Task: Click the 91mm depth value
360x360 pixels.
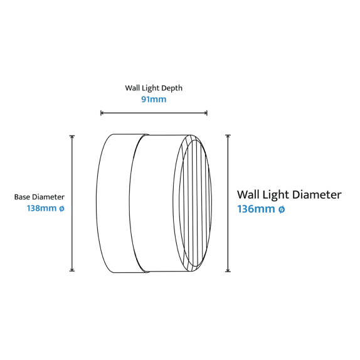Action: tap(154, 100)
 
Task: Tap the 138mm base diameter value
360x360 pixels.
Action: tap(41, 208)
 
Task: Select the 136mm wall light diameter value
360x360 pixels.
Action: tap(256, 209)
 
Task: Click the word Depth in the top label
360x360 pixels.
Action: tap(172, 88)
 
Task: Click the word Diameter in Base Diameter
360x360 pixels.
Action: tap(48, 197)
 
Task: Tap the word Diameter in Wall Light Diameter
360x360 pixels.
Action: tap(317, 194)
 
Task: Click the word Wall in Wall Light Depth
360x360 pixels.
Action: tap(132, 88)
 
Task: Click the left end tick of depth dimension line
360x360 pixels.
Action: tap(101, 113)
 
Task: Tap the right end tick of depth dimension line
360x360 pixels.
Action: tap(207, 113)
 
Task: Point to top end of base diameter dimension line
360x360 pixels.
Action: tap(72, 136)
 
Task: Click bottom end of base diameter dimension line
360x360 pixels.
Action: tap(72, 271)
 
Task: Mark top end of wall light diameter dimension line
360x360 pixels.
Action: tap(228, 135)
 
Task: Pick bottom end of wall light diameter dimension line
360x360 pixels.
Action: tap(228, 272)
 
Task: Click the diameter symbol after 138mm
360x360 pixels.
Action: tap(61, 208)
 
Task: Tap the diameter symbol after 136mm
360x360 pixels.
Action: tap(282, 209)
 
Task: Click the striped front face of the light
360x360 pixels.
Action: tap(195, 203)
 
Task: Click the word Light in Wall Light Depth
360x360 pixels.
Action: tap(151, 88)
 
